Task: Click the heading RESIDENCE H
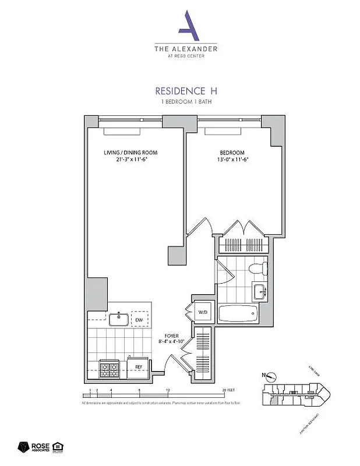tap(186, 91)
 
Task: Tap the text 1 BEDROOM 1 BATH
tap(186, 101)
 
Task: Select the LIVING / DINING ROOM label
tap(130, 153)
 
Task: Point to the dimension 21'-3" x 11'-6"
tap(130, 160)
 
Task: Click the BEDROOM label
tap(232, 153)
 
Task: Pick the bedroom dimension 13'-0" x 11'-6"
tap(232, 160)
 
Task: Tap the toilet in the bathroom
tap(256, 268)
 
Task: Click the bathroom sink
tap(260, 291)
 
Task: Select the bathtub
tap(237, 313)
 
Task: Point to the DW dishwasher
tap(139, 320)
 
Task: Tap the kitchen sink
tap(118, 319)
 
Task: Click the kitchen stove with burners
tap(109, 367)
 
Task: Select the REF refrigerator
tap(139, 366)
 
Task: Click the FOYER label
tap(171, 336)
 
